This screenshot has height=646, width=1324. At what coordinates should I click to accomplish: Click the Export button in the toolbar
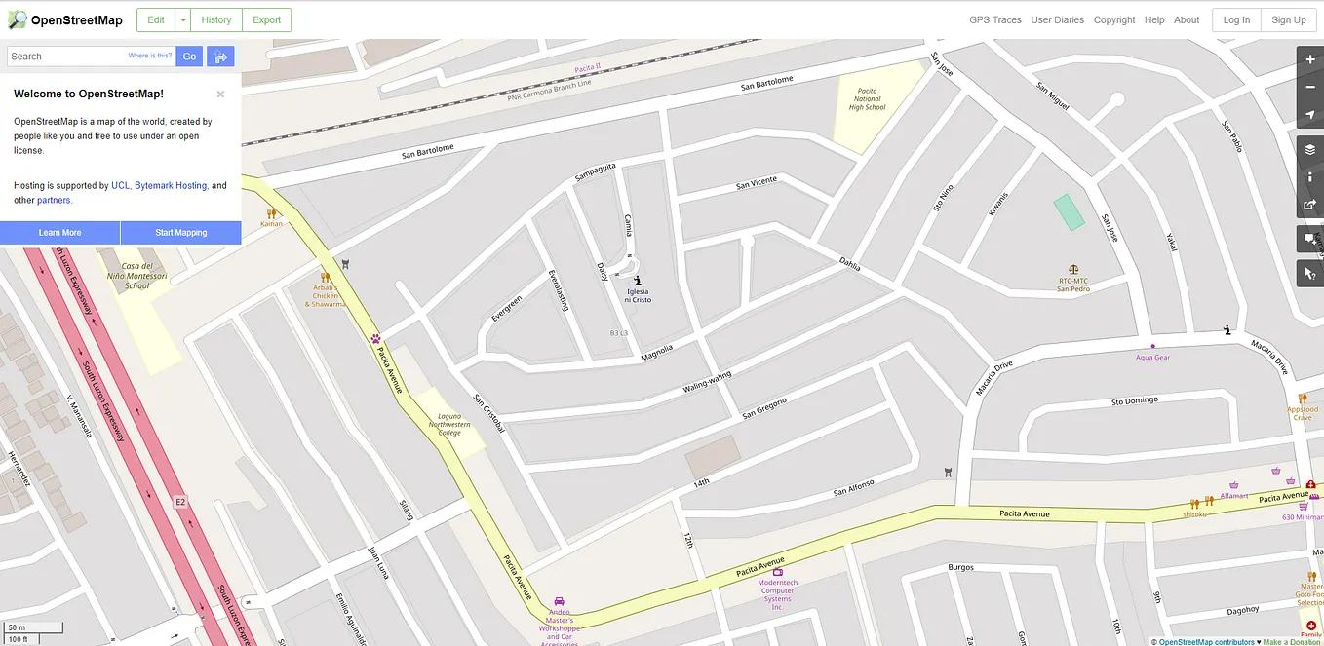pos(266,19)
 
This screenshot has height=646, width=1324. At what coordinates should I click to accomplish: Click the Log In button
pos(1236,19)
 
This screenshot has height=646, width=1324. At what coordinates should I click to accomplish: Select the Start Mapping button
pos(180,233)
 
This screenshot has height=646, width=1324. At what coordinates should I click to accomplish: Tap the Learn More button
pos(59,233)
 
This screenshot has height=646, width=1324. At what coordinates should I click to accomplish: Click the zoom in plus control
pos(1310,59)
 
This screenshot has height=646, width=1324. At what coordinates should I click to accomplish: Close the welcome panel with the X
pos(220,95)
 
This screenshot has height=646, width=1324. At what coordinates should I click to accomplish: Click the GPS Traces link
pos(994,19)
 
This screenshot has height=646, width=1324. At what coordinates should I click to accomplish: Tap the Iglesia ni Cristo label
pos(638,295)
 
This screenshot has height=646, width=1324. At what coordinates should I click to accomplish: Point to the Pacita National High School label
pos(867,99)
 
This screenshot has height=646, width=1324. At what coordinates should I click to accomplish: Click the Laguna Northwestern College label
pos(448,425)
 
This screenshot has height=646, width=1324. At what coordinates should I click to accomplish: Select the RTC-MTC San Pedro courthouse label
pos(1073,285)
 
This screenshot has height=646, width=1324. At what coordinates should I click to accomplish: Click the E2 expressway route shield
pos(179,502)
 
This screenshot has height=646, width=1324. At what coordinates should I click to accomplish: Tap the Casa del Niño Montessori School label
pos(137,276)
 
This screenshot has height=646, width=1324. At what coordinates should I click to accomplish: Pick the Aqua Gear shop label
pos(1152,358)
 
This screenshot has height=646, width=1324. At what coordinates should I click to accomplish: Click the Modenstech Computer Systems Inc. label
pos(777,590)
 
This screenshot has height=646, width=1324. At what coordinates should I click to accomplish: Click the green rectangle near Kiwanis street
pos(1069,212)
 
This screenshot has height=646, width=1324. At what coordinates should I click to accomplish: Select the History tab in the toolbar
pos(216,19)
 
